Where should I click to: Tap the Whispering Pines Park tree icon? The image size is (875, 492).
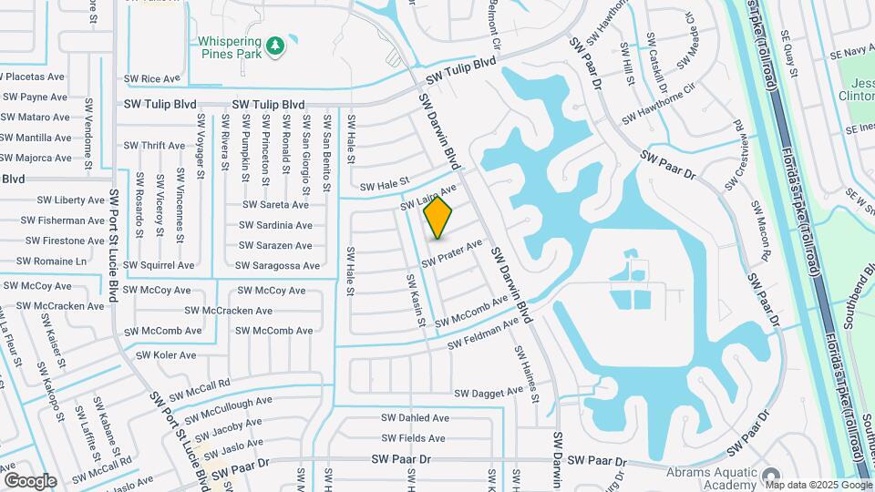point(274,45)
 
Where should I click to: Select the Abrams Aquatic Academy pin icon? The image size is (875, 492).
point(771,477)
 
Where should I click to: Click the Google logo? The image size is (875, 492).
point(30,480)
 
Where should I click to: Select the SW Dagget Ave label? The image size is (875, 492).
point(489,393)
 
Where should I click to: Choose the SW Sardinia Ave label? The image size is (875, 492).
point(277,225)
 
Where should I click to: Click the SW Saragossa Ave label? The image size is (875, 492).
point(277,265)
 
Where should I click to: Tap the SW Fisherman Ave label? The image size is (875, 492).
point(66,220)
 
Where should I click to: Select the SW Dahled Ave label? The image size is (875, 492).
point(416,418)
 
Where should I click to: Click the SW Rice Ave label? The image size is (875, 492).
point(153,79)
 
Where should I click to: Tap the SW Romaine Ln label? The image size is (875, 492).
point(56,261)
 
